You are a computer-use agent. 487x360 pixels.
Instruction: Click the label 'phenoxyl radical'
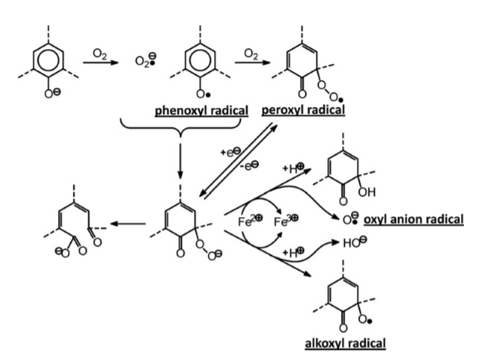(x=202, y=112)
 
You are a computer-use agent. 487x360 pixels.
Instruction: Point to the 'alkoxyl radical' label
(x=345, y=342)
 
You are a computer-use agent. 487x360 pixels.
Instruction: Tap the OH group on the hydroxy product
(x=367, y=193)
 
